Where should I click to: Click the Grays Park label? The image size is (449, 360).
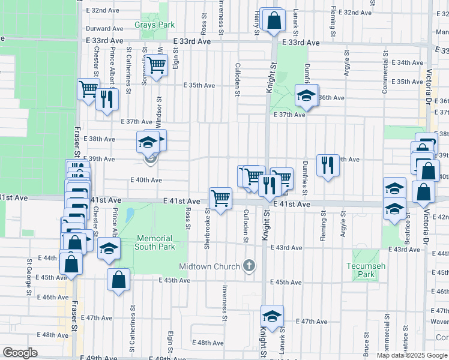(155, 25)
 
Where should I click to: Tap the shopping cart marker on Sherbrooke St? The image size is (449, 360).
(221, 197)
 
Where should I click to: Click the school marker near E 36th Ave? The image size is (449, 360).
(306, 96)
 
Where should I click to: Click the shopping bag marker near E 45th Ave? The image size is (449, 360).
(119, 279)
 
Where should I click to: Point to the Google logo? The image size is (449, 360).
(20, 353)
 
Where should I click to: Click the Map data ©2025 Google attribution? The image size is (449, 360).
(412, 355)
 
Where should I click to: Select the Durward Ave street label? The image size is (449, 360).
(104, 28)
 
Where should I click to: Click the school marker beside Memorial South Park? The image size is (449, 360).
(109, 249)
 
